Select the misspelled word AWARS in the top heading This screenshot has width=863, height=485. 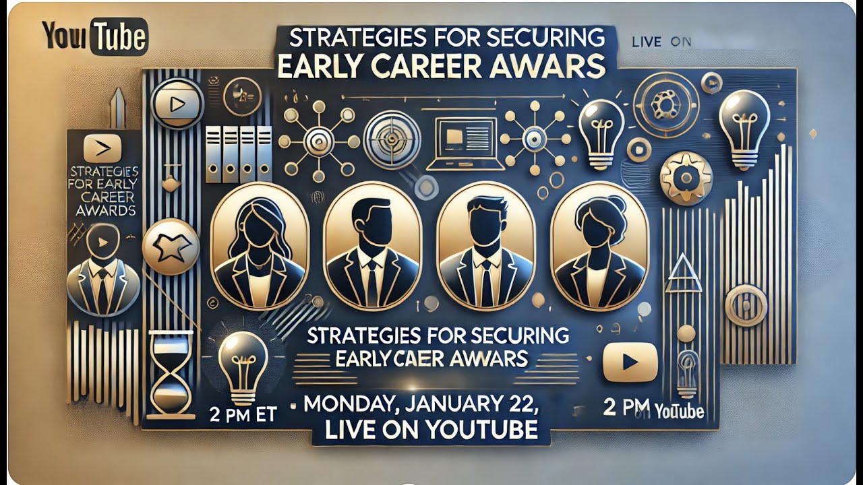pyautogui.click(x=545, y=66)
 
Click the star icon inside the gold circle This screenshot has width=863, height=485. pyautogui.click(x=171, y=247)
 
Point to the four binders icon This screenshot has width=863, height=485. pyautogui.click(x=239, y=154)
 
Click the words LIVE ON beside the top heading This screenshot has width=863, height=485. pyautogui.click(x=662, y=42)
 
